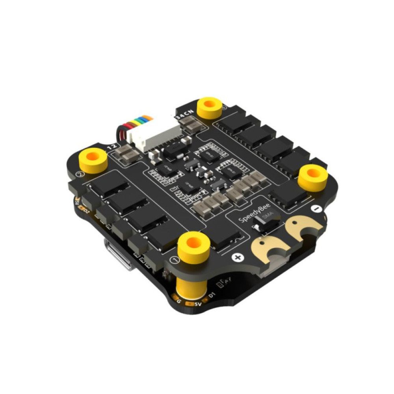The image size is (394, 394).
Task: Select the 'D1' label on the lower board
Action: (x=212, y=295)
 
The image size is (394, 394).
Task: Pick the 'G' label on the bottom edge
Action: (x=179, y=301)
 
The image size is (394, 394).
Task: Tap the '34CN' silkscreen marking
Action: (x=184, y=112)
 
